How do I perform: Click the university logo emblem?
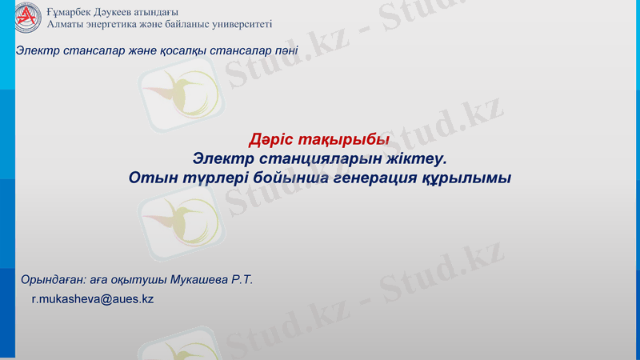28,17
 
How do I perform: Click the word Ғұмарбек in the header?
70,11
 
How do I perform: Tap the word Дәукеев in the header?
121,11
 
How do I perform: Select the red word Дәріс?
274,141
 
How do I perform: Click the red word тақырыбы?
344,141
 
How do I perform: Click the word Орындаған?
53,280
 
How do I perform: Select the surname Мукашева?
200,280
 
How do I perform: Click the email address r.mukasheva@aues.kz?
92,298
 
